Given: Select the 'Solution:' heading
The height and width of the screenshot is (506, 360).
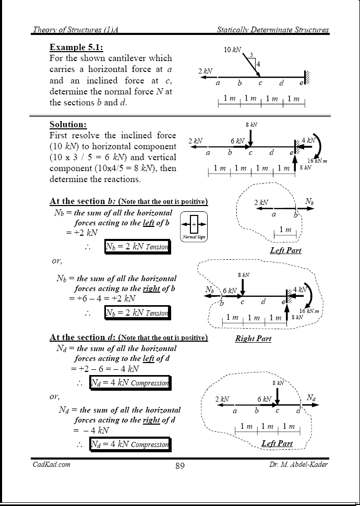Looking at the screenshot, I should coord(68,124).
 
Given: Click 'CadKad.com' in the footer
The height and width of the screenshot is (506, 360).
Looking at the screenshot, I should coord(52,464).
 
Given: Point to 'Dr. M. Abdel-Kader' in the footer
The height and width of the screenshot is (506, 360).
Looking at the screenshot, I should coord(296,464).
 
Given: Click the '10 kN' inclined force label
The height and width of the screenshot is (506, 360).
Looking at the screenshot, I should coord(232,50).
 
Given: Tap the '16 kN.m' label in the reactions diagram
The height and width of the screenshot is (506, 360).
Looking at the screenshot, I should coord(317,161).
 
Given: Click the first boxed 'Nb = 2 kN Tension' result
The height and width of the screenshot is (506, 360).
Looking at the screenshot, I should coord(137,247).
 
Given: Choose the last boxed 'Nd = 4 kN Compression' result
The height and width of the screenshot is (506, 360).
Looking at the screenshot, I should coord(130,444).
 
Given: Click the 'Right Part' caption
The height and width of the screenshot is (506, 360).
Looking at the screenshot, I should coord(253,339).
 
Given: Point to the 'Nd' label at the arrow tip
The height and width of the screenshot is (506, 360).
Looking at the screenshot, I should coord(310,398).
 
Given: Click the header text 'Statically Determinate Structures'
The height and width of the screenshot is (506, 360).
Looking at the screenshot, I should coord(273,30).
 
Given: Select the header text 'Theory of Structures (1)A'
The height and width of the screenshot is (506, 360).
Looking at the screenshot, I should coord(76,30).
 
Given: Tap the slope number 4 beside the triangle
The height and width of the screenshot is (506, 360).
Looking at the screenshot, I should coord(258,64).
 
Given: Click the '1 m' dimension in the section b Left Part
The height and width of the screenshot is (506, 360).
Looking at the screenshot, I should coord(285,230).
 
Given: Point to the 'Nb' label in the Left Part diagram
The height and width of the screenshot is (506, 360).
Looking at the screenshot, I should coord(309,201).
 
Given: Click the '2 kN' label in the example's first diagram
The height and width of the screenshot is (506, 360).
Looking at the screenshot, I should coord(205,70).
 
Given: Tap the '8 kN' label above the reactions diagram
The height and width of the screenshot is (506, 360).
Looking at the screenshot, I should coord(251,125).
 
